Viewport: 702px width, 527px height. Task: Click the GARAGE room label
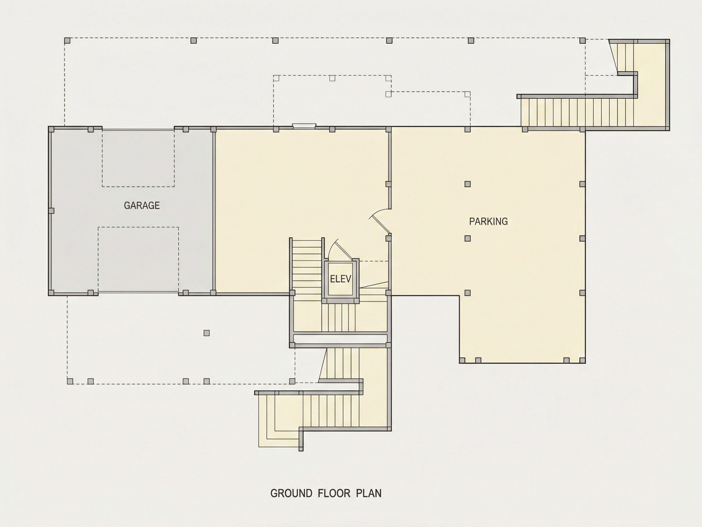point(142,206)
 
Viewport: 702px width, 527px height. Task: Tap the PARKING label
point(488,221)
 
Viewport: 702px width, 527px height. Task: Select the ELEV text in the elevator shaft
point(341,279)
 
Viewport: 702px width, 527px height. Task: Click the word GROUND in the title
point(291,493)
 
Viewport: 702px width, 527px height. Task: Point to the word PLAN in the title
point(368,493)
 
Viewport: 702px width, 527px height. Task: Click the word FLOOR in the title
point(334,493)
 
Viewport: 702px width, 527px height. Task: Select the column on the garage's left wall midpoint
point(51,211)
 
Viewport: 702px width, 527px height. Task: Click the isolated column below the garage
point(207,333)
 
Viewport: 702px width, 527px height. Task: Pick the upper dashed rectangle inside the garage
point(138,158)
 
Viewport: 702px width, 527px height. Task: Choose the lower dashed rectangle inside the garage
point(138,260)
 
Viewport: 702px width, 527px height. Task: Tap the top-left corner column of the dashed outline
point(67,40)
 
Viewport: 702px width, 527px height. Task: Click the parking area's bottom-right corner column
point(582,360)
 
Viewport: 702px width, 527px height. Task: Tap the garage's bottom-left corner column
point(51,292)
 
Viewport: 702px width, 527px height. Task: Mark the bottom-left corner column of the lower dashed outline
point(70,381)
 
